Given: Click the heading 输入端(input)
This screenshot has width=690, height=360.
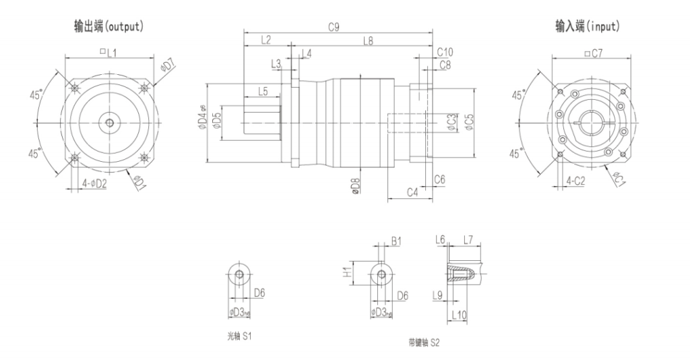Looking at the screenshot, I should click(x=588, y=27).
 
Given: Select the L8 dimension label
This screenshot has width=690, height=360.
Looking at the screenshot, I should click(x=368, y=41).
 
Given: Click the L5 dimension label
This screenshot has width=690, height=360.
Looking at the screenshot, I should click(x=263, y=90).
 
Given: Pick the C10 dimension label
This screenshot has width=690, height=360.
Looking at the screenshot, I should click(x=445, y=52).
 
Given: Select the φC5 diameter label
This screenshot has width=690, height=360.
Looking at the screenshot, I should click(x=470, y=121).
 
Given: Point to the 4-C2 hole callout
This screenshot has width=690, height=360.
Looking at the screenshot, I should click(x=576, y=181).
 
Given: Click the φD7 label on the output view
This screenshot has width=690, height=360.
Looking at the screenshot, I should click(x=168, y=65).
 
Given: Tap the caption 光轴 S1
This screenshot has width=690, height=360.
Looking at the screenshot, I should click(x=240, y=334).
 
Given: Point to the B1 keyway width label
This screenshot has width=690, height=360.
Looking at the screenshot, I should click(x=396, y=241).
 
